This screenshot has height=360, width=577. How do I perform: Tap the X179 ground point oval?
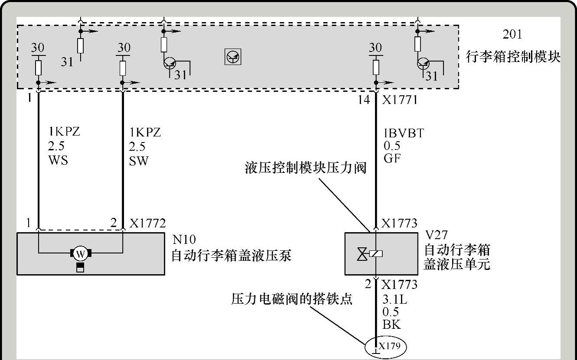[385, 347]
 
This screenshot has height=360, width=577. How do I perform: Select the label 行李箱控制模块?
[513, 57]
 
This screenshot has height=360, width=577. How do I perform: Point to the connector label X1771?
[399, 100]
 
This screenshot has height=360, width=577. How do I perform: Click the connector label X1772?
[147, 224]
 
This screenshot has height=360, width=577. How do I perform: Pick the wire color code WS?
[59, 161]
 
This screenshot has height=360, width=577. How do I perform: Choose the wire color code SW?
[138, 161]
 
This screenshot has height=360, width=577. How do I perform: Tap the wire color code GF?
[392, 159]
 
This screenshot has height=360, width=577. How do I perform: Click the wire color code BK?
[392, 324]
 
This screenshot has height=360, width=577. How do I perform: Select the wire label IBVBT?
[403, 133]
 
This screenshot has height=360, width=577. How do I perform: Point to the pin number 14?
[364, 100]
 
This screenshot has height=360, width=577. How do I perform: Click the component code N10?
[184, 240]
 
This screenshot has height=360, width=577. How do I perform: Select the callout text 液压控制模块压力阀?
[306, 168]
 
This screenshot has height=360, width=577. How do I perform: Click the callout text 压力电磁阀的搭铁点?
[291, 299]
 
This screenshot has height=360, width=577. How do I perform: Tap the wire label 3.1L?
[394, 299]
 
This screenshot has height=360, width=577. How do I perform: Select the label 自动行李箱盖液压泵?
[231, 256]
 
